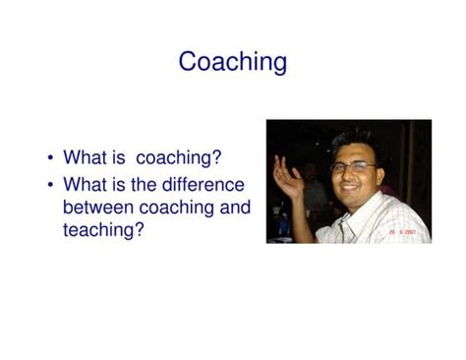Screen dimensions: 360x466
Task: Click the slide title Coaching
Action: tap(233, 62)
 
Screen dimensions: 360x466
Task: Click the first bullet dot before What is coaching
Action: tap(49, 157)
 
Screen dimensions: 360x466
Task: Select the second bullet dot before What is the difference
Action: tap(49, 184)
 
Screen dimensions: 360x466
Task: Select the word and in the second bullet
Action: tap(234, 208)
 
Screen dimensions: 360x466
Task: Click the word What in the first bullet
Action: tap(87, 157)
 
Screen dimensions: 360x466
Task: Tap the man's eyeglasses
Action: tap(353, 167)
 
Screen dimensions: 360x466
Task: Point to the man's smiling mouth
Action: tap(353, 187)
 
